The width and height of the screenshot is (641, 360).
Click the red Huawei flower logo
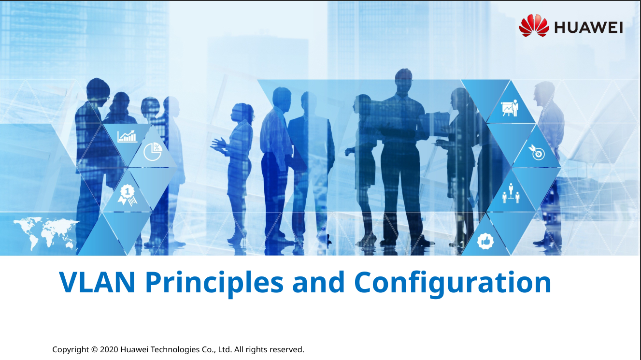(x=534, y=26)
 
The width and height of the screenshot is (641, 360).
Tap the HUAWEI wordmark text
(x=588, y=28)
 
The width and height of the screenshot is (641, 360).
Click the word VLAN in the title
(x=97, y=282)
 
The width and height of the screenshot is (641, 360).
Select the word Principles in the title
(x=214, y=283)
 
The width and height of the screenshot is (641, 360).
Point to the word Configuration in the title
(x=453, y=283)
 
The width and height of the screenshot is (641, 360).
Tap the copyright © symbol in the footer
(x=94, y=349)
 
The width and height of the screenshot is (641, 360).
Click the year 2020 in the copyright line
(x=109, y=349)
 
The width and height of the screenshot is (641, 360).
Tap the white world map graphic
(x=46, y=232)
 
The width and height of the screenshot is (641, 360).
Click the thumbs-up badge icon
(x=485, y=241)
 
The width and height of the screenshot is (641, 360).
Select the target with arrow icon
(x=537, y=152)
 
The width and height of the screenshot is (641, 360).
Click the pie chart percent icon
(x=153, y=151)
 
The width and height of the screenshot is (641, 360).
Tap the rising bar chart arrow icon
(x=127, y=136)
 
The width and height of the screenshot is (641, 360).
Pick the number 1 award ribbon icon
(x=128, y=195)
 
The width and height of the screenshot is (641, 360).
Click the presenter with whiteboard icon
(x=510, y=108)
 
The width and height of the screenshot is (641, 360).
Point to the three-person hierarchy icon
(x=511, y=193)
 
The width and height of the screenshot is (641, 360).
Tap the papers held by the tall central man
(x=435, y=124)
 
